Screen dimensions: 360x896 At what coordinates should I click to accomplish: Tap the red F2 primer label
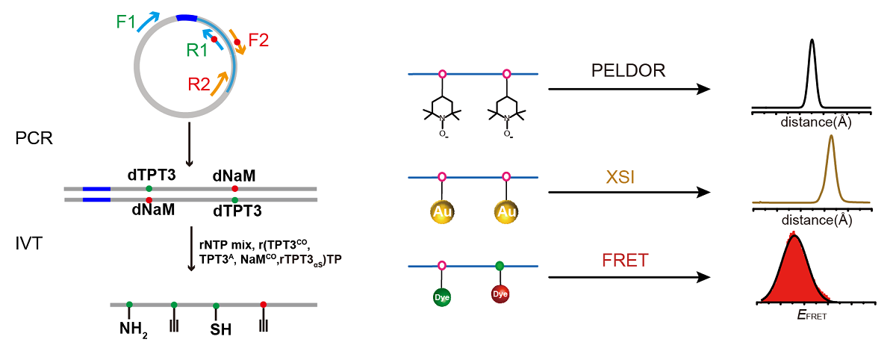coord(258,40)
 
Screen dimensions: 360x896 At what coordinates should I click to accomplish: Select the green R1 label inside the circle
coord(197,50)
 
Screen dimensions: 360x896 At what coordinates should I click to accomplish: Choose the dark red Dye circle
coord(500,294)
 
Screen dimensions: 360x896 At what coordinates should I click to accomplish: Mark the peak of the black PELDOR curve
coord(812,40)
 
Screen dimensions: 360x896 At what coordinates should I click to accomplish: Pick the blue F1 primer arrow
coord(149,21)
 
